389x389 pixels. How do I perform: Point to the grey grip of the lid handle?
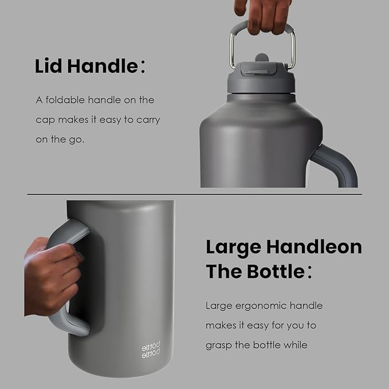pos(263,26)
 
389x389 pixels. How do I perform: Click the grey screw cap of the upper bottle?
pos(261,83)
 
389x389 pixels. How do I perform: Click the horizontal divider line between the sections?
pos(195,194)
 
